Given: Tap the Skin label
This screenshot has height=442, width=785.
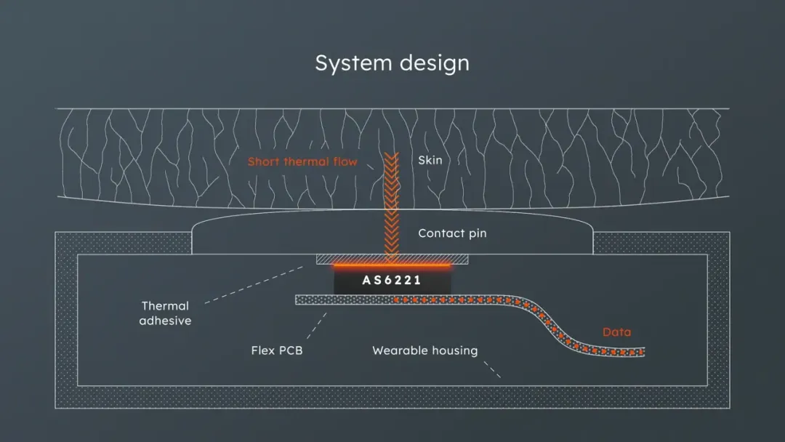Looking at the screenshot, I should pyautogui.click(x=430, y=160).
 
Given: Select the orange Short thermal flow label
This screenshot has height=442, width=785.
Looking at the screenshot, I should pyautogui.click(x=302, y=161).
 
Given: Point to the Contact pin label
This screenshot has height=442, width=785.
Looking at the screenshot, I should pyautogui.click(x=452, y=233).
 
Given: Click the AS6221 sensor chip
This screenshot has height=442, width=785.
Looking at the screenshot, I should pyautogui.click(x=392, y=280).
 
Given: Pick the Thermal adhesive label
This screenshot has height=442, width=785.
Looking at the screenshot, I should pyautogui.click(x=165, y=313).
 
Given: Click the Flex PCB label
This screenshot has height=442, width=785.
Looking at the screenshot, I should pyautogui.click(x=276, y=350).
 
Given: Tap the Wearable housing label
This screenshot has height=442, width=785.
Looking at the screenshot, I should pyautogui.click(x=425, y=350).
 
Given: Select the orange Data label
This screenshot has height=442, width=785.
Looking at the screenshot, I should pyautogui.click(x=616, y=332).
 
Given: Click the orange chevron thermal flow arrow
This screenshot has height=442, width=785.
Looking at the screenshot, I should pyautogui.click(x=392, y=204).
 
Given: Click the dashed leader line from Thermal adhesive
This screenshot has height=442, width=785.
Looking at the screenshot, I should pyautogui.click(x=254, y=284).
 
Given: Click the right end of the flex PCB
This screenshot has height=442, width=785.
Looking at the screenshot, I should pyautogui.click(x=641, y=353).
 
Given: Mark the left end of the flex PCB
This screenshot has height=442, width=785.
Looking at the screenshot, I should pyautogui.click(x=299, y=300).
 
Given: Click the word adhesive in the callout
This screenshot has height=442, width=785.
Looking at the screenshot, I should pyautogui.click(x=165, y=321).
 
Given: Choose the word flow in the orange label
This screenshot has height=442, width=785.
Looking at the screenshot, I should pyautogui.click(x=345, y=161).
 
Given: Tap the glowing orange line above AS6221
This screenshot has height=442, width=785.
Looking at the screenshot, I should pyautogui.click(x=392, y=266).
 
